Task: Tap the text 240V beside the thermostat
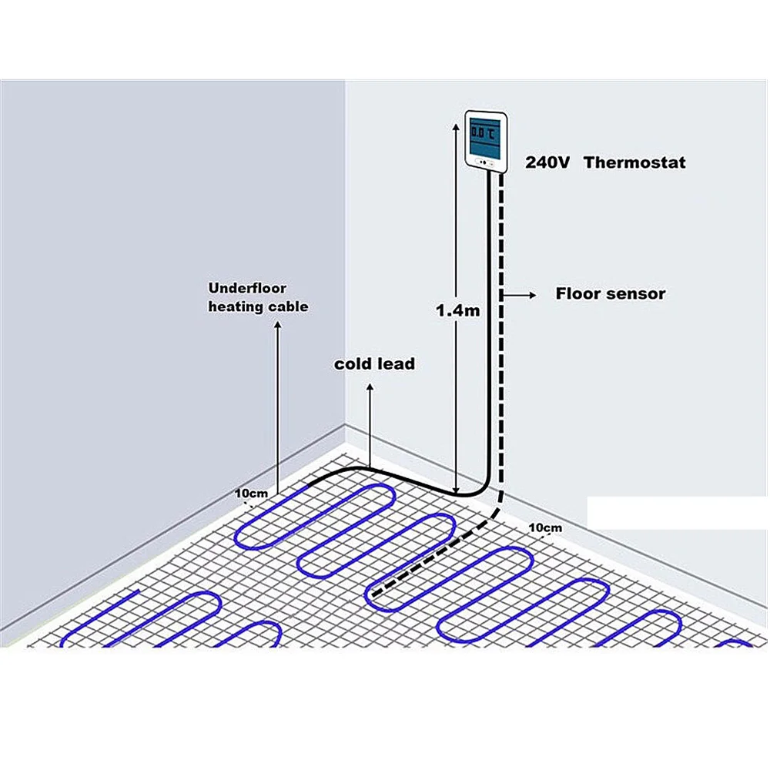tap(547, 162)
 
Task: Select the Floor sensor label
tap(611, 293)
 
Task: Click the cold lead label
tap(374, 363)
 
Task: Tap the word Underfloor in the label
tap(247, 288)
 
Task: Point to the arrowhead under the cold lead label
tap(370, 391)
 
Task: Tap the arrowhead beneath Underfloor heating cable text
tap(277, 326)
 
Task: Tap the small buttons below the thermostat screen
tap(483, 162)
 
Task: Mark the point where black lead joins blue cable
tap(308, 485)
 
